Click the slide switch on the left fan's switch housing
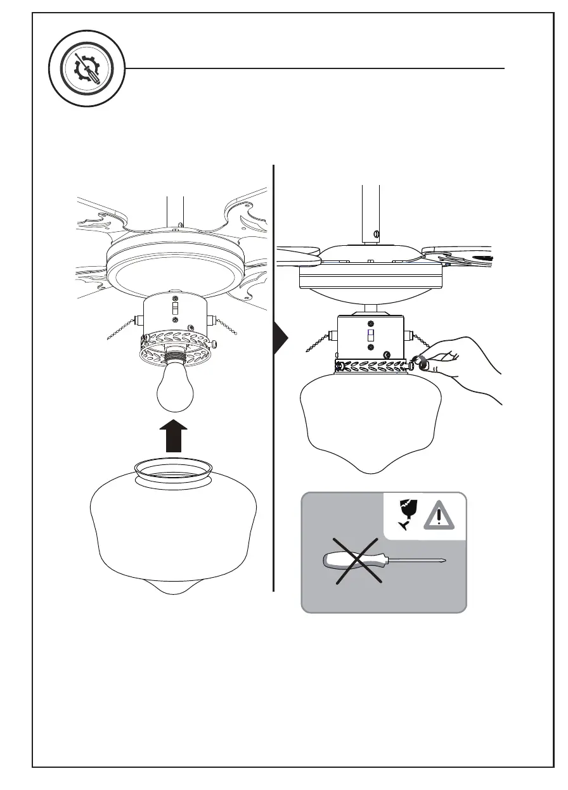pos(175,309)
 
